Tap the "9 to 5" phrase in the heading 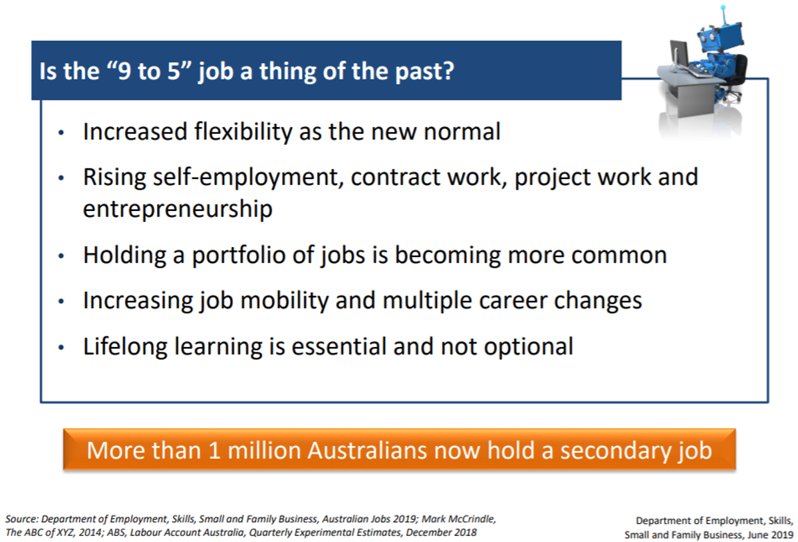[146, 71]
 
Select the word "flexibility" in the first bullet [243, 131]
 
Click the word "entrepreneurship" [178, 208]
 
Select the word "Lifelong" [125, 346]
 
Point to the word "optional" [528, 346]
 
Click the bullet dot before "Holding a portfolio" [61, 256]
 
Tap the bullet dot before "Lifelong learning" [61, 347]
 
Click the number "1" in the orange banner [214, 450]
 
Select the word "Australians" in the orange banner [367, 450]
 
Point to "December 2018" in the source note [441, 533]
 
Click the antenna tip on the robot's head [723, 7]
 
